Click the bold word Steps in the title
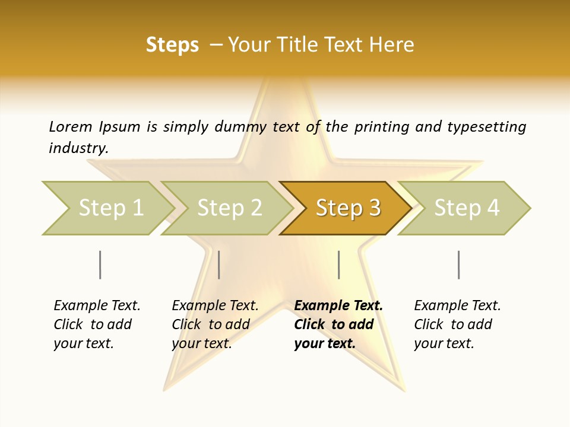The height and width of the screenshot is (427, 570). (x=172, y=45)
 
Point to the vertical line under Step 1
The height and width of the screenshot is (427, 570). (x=100, y=265)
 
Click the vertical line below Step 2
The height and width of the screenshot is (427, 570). (x=219, y=265)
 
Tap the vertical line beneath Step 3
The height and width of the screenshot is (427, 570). (x=338, y=265)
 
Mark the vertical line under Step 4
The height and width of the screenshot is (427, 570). (x=458, y=265)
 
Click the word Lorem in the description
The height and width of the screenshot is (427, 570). (x=71, y=126)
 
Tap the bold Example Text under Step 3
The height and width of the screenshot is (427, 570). (x=338, y=305)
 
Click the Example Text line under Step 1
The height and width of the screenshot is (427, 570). (x=97, y=305)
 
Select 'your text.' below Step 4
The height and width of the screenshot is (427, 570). (x=444, y=343)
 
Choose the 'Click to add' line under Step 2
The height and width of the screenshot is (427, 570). (x=210, y=324)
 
